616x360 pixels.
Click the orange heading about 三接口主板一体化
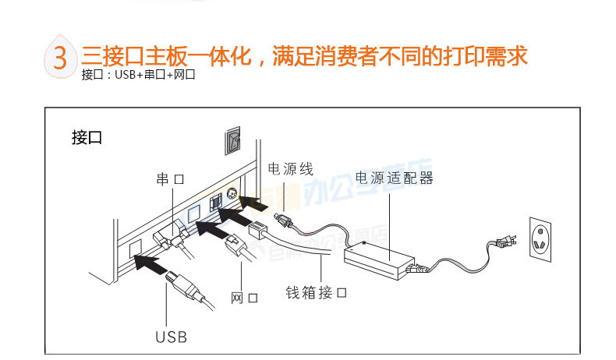305,56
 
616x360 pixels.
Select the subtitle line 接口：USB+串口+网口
137,76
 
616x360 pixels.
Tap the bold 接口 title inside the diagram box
87,139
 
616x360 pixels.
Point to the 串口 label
170,179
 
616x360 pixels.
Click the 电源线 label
290,168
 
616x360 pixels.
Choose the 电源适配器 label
394,178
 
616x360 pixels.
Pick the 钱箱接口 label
315,293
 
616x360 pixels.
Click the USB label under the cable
171,337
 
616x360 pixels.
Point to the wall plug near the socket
503,237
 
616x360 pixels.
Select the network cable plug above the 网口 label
235,249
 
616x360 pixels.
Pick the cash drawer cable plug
259,231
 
